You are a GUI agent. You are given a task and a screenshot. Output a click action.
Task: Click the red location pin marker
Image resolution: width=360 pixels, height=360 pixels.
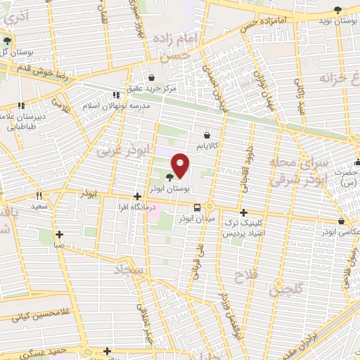181,165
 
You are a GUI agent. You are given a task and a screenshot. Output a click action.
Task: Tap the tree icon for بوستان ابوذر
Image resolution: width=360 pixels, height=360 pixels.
171,177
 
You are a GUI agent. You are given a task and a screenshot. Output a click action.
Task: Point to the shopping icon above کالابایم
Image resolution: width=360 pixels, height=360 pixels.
207,134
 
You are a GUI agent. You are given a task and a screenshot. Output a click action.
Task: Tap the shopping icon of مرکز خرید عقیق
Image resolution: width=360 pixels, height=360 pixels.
152,77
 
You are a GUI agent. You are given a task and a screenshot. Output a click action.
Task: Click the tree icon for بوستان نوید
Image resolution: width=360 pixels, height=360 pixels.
337,9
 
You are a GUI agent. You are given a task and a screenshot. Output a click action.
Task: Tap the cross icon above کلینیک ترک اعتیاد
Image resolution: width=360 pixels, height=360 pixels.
244,212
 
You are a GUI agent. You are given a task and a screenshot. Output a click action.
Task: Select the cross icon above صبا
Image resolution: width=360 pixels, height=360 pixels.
59,235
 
